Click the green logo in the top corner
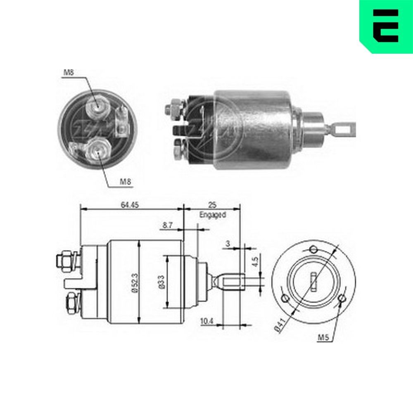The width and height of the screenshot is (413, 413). pos(386,26)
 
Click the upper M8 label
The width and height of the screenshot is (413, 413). pos(69,73)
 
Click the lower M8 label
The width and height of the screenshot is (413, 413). pos(126,181)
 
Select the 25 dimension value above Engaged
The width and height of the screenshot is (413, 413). pos(212,204)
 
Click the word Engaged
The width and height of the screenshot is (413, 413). pos(212,215)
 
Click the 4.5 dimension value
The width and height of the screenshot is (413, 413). pos(255,261)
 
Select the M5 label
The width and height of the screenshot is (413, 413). pos(323,337)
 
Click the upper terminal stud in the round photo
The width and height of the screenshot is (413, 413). pos(97,107)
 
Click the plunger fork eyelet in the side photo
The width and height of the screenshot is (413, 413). pos(344,130)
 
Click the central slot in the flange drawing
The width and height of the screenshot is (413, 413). pos(314,281)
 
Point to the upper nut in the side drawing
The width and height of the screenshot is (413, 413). pos(65,262)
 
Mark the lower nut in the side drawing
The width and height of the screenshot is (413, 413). pos(71,305)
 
